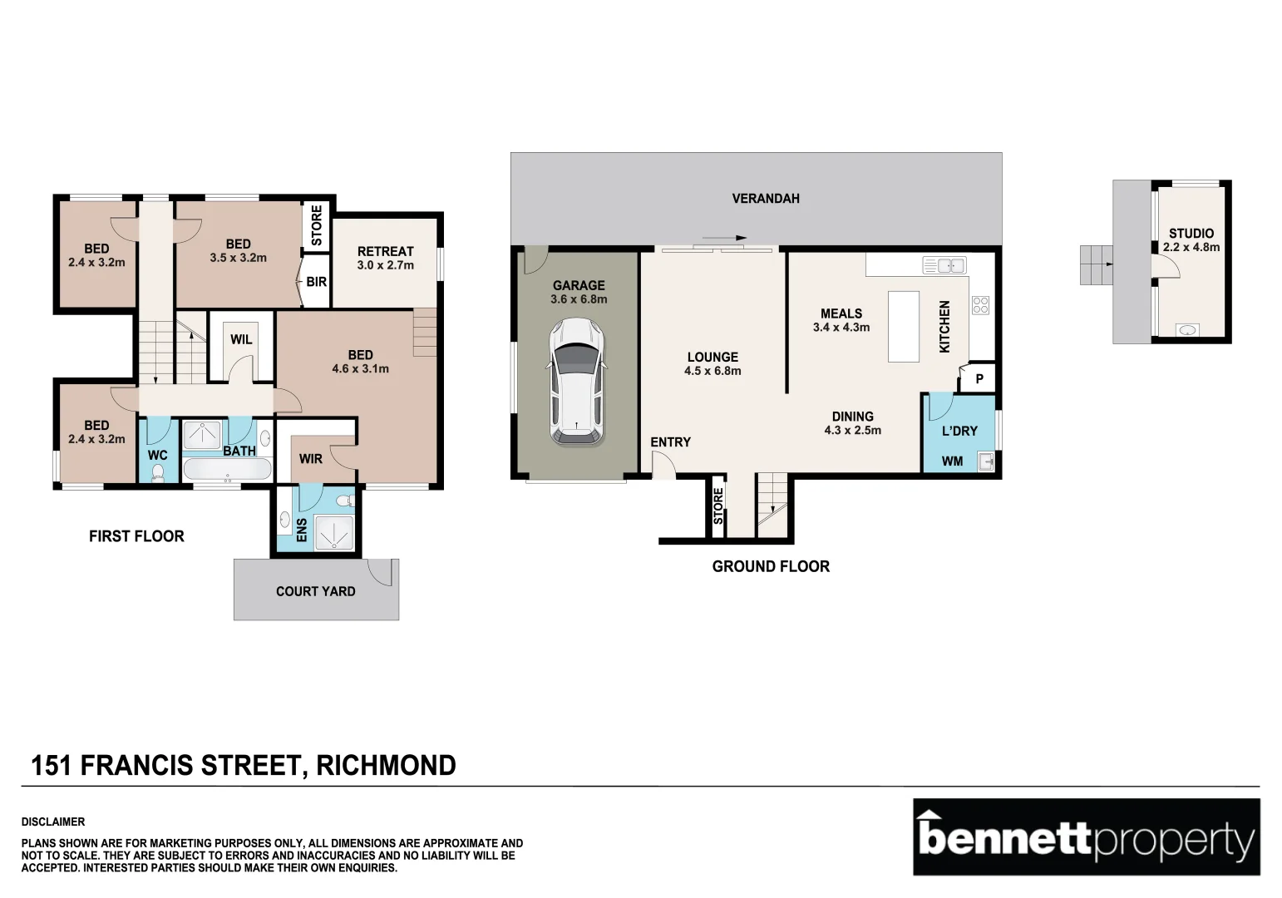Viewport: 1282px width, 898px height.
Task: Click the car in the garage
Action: pyautogui.click(x=576, y=382)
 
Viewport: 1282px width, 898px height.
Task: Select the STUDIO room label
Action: pyautogui.click(x=1191, y=234)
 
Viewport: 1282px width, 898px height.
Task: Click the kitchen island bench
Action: pyautogui.click(x=903, y=326)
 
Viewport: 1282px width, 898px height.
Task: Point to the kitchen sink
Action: pyautogui.click(x=944, y=266)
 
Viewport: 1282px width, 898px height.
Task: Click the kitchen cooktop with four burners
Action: pyautogui.click(x=980, y=305)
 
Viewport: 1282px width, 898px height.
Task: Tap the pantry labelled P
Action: pyautogui.click(x=979, y=379)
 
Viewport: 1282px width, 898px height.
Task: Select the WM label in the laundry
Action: pyautogui.click(x=952, y=461)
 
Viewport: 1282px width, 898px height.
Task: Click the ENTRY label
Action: pyautogui.click(x=670, y=442)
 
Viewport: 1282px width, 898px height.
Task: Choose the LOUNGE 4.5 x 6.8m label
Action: pyautogui.click(x=712, y=363)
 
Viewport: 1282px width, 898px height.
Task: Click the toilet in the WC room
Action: pyautogui.click(x=158, y=472)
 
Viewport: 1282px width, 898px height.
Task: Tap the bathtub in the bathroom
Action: pyautogui.click(x=226, y=470)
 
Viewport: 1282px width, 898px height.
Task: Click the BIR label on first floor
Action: pyautogui.click(x=317, y=282)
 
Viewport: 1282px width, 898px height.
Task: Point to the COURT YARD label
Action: pyautogui.click(x=315, y=591)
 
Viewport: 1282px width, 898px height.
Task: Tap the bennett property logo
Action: pyautogui.click(x=1086, y=837)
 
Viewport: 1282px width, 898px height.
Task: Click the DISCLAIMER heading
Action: pyautogui.click(x=52, y=822)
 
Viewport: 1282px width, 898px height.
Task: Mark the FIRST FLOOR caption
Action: pyautogui.click(x=136, y=536)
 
